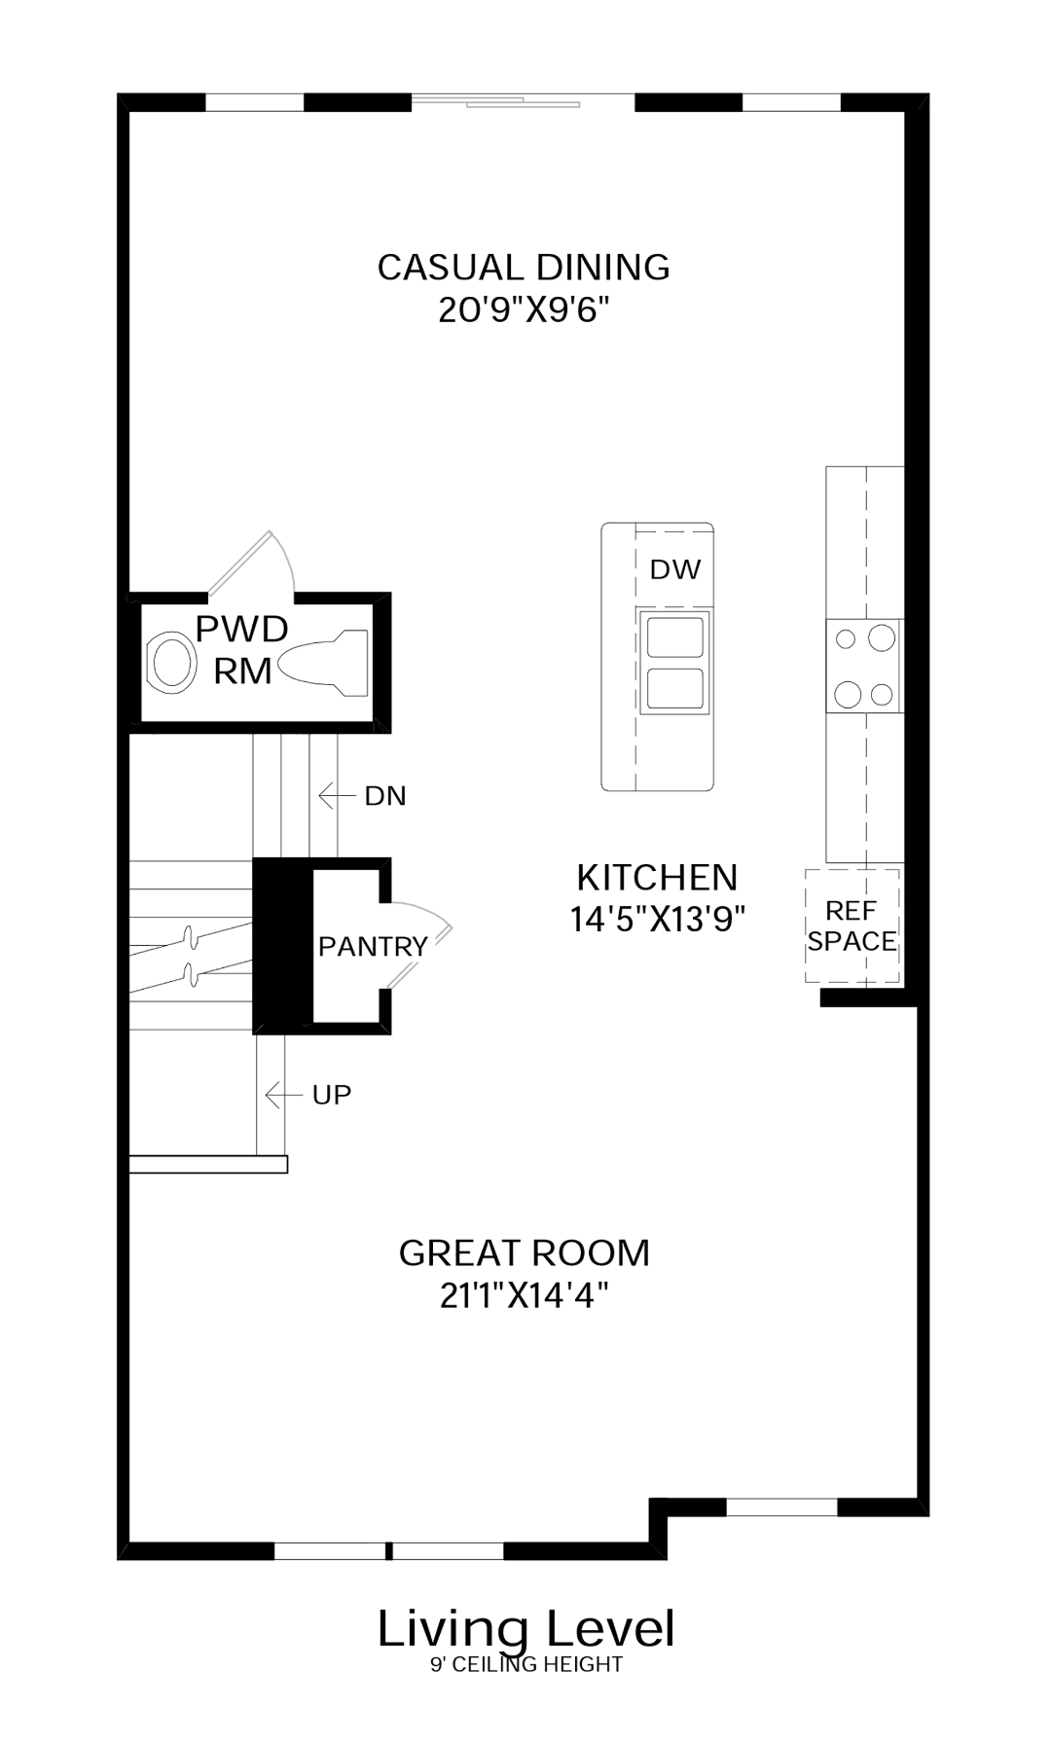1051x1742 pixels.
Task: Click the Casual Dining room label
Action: tap(524, 267)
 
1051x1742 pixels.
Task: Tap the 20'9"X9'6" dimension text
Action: tap(524, 310)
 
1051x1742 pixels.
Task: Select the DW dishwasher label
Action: tap(674, 569)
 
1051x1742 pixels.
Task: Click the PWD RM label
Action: tap(242, 649)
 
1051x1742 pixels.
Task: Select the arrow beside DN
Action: tap(337, 796)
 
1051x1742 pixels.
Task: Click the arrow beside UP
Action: tap(284, 1095)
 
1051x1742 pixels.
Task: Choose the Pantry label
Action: tap(373, 946)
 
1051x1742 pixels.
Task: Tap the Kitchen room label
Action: tap(657, 877)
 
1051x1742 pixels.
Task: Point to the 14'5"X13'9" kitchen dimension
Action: tap(658, 919)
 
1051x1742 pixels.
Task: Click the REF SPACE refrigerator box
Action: tap(852, 925)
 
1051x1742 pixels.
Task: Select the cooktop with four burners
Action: tap(864, 666)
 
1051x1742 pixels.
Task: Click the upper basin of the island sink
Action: tap(674, 637)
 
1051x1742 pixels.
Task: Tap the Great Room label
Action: tap(525, 1252)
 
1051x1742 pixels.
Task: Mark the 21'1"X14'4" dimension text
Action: tap(525, 1295)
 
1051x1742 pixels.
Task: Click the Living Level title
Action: tap(526, 1629)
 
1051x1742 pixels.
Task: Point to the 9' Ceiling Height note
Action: tap(526, 1665)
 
